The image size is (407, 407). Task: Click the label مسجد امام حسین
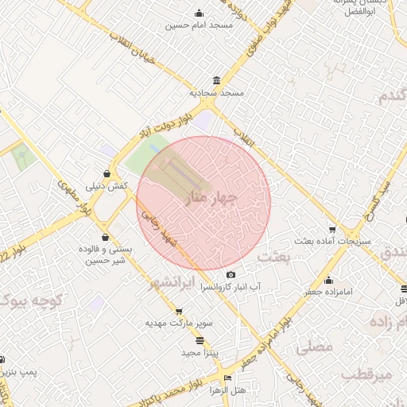point(199,25)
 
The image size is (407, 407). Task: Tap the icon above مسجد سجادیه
point(217,81)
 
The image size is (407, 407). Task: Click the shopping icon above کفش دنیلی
point(107,173)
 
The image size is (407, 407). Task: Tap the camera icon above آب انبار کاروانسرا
point(231,274)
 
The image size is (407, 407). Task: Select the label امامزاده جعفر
point(328,293)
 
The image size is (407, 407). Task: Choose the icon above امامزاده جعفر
point(328,280)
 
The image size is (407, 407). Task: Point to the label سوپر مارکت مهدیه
point(178,324)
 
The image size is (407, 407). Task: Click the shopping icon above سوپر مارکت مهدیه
point(178,312)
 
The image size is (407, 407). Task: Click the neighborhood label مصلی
point(313,347)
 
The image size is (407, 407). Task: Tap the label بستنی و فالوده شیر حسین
point(107,255)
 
